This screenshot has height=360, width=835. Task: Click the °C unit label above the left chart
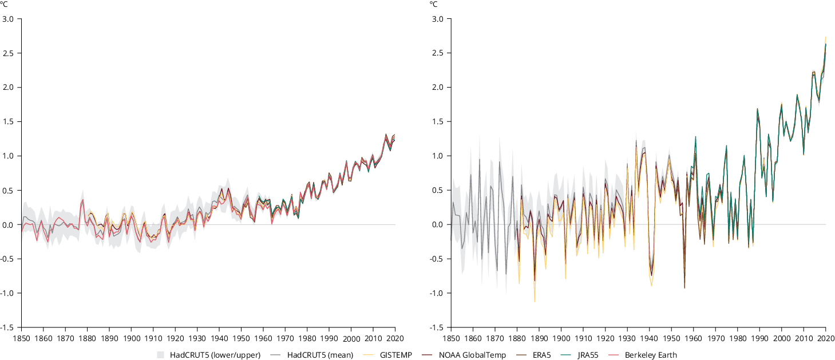click(3, 4)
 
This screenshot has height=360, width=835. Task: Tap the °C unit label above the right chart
click(433, 4)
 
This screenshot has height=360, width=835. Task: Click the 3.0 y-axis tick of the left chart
click(9, 19)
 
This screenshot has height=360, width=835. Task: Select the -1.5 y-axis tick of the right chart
click(437, 327)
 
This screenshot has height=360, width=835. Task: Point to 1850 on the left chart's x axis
click(21, 337)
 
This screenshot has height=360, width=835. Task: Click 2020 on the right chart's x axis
click(825, 337)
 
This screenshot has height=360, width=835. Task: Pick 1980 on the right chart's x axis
click(737, 337)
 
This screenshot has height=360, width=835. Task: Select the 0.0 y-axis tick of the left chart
click(9, 224)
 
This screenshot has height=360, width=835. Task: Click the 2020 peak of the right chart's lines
click(825, 37)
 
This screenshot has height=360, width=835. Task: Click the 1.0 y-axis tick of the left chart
click(9, 156)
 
